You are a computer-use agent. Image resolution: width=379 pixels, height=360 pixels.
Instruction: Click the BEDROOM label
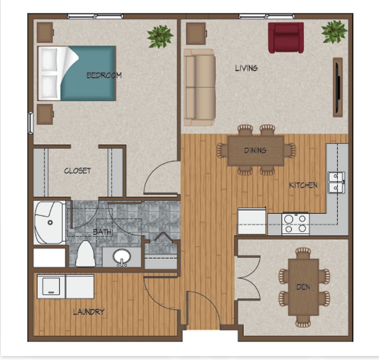coord(104,75)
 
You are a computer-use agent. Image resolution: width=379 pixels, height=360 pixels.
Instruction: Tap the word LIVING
coord(246,68)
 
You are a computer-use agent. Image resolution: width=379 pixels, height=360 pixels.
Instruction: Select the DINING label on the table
coord(255,150)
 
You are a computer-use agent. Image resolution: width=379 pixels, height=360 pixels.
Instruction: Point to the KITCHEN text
coord(303,185)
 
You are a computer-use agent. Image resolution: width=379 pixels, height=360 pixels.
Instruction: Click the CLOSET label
coord(77,171)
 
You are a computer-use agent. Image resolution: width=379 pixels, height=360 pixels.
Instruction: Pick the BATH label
coord(102,232)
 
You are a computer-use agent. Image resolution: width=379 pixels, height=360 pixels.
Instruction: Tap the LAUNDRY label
coord(88,312)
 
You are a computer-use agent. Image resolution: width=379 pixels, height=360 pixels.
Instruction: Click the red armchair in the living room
coord(286,38)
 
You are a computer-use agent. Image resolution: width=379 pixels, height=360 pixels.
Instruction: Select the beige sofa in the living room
coord(199,87)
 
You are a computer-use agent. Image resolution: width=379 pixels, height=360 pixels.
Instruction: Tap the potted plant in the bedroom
coord(160,36)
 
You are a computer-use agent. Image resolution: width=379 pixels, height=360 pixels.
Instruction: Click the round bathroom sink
coord(122,257)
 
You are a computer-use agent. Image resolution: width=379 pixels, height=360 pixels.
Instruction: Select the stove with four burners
coord(295,223)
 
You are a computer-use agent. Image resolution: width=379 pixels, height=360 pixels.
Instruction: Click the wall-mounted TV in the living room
coord(337,87)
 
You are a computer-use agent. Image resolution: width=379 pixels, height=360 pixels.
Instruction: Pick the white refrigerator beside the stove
coord(252,221)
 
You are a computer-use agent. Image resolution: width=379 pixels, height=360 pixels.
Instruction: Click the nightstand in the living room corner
coord(196,33)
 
